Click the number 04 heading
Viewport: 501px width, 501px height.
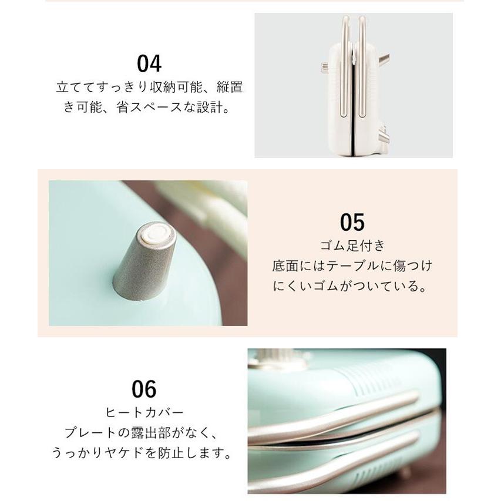pyautogui.click(x=149, y=63)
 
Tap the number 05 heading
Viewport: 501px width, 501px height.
pyautogui.click(x=352, y=223)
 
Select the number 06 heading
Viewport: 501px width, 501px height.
pyautogui.click(x=144, y=389)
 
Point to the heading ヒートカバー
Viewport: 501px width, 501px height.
pyautogui.click(x=144, y=412)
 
